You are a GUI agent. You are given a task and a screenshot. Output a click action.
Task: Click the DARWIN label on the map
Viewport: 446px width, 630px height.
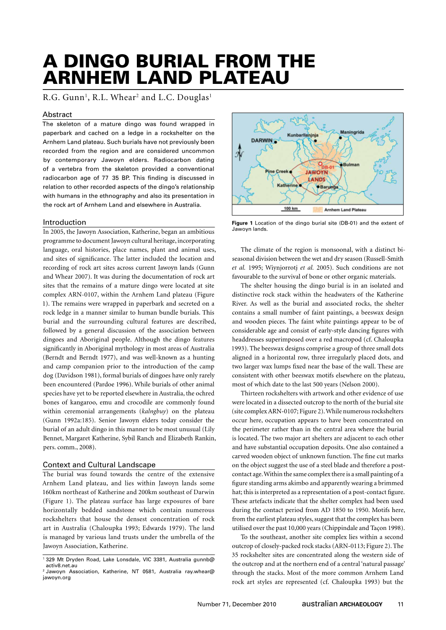261,141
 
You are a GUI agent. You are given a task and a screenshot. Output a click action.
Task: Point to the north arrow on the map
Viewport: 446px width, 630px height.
239,153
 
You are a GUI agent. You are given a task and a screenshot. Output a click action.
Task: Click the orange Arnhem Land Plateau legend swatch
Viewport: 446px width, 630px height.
318,210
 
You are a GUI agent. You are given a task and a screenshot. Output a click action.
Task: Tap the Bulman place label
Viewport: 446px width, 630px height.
351,165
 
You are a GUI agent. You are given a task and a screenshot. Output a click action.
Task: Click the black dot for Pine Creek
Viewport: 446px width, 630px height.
290,171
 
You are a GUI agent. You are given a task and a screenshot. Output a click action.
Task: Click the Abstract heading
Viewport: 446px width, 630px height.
57,114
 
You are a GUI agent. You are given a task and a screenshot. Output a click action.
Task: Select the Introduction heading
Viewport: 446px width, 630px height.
64,222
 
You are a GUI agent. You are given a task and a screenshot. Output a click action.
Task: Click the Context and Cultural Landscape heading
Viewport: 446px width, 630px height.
99,465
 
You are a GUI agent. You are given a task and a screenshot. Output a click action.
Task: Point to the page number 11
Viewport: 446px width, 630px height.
400,605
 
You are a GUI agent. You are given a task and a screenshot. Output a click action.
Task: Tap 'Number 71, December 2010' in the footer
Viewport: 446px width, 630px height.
237,605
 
